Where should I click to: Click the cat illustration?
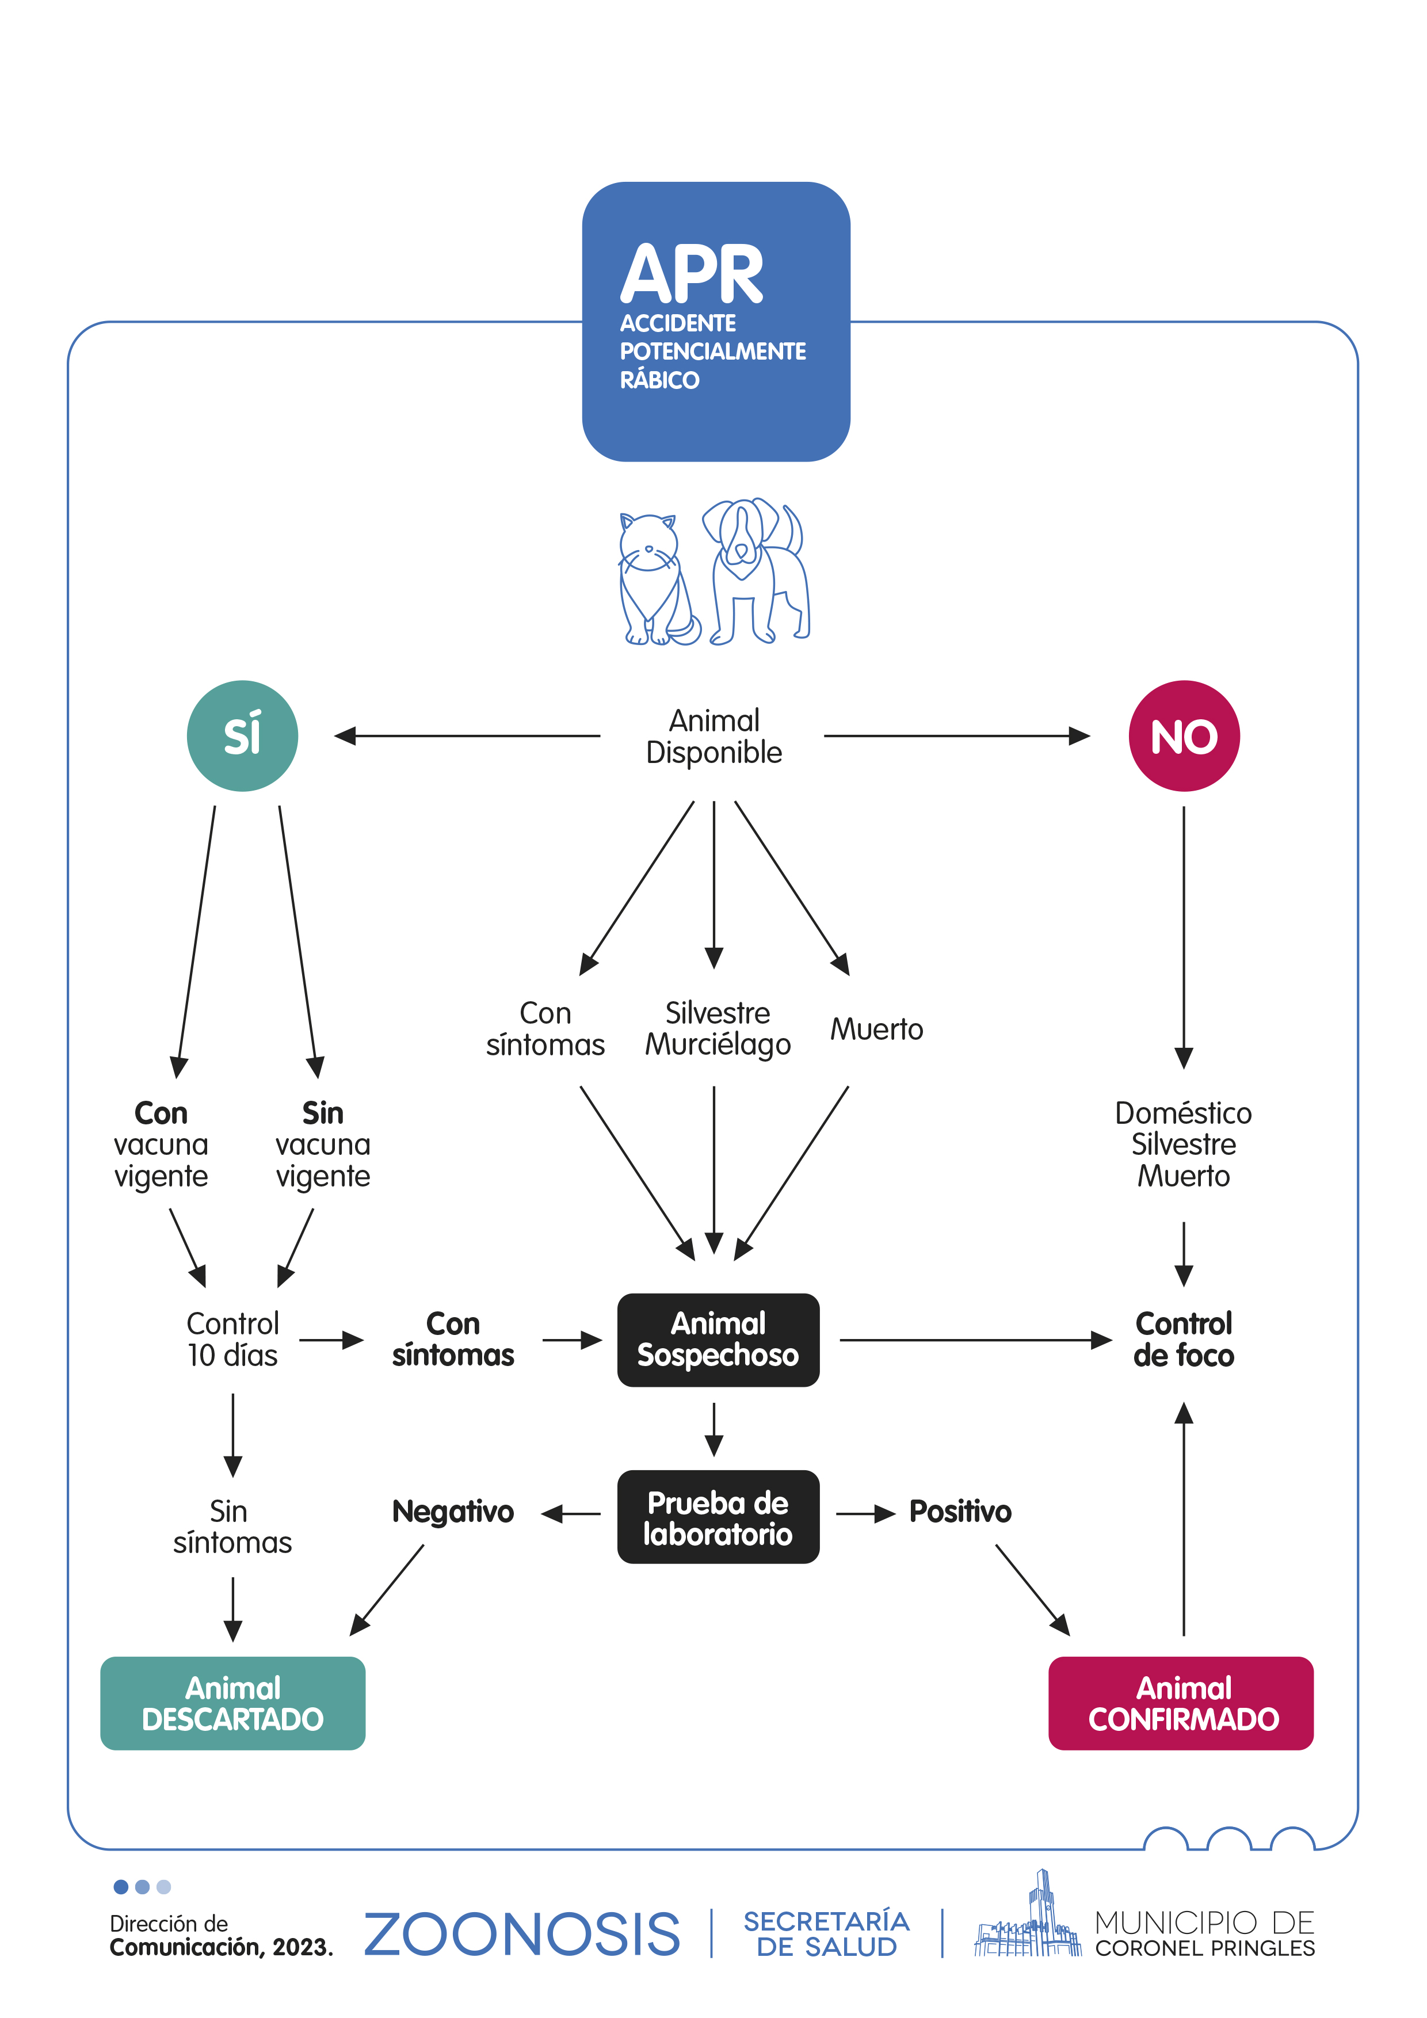(655, 580)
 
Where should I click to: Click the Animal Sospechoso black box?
(718, 1340)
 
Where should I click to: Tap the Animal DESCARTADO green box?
(233, 1703)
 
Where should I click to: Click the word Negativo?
(452, 1512)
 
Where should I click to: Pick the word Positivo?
(960, 1512)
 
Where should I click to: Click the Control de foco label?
(1184, 1340)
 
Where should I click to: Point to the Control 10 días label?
(233, 1340)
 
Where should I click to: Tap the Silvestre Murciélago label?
(718, 1028)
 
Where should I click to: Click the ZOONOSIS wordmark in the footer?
(522, 1935)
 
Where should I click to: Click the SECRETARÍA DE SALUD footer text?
(826, 1933)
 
